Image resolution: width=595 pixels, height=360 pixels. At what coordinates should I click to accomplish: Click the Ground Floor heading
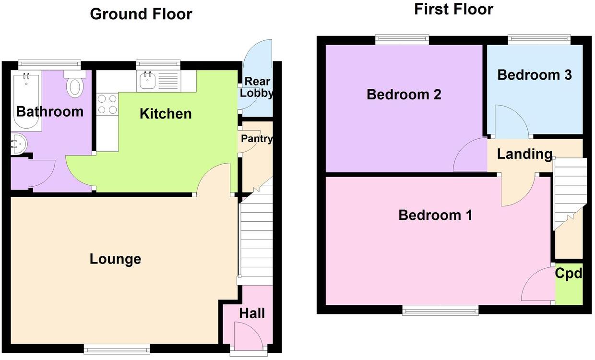(x=141, y=14)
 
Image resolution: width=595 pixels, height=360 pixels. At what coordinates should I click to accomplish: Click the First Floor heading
(x=453, y=9)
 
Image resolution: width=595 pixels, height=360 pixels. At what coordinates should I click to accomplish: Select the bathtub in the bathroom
(x=26, y=101)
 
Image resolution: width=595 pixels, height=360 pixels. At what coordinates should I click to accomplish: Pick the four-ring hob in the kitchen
(x=107, y=104)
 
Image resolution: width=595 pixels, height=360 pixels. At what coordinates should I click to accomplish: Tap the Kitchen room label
(x=166, y=114)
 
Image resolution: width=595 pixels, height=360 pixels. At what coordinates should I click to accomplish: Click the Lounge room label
(x=115, y=259)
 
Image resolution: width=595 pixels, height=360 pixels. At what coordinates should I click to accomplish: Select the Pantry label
(x=257, y=139)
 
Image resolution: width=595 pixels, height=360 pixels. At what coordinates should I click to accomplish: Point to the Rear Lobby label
(x=257, y=87)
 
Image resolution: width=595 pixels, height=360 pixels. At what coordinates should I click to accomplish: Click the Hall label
(x=252, y=313)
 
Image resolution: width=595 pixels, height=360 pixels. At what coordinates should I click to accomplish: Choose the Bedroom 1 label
(x=435, y=215)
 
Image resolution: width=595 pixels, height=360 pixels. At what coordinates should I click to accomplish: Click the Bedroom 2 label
(x=404, y=95)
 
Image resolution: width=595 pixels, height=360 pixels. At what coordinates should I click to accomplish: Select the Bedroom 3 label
(x=534, y=75)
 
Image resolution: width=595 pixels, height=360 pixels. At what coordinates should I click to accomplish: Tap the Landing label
(x=524, y=154)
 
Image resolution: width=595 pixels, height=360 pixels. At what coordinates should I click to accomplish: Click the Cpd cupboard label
(x=569, y=274)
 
